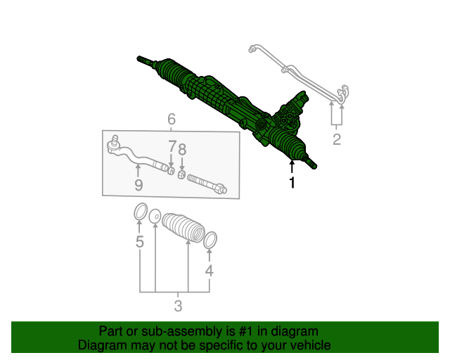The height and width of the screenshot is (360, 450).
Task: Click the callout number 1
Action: [292, 183]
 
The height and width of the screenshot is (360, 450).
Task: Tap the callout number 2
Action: [337, 139]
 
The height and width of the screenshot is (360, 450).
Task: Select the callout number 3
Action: [178, 306]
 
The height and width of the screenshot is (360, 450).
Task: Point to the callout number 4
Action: [210, 271]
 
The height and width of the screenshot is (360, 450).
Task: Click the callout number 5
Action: [139, 241]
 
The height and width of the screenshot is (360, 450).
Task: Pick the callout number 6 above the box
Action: [172, 119]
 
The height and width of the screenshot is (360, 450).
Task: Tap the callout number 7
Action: [172, 146]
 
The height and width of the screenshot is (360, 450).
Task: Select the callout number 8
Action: [182, 149]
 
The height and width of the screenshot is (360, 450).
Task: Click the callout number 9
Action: [139, 185]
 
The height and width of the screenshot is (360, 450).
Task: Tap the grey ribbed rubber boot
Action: [183, 227]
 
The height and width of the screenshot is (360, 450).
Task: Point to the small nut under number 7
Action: [171, 171]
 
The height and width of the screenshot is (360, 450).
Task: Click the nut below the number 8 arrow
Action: [181, 174]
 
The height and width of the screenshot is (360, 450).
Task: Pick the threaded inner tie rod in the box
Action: [207, 184]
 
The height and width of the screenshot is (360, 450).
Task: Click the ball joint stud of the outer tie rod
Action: [115, 139]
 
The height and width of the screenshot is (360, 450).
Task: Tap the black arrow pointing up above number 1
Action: [292, 167]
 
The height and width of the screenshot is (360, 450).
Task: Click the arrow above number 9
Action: [138, 171]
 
